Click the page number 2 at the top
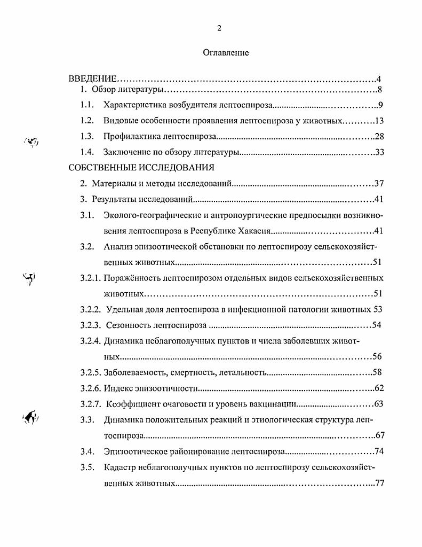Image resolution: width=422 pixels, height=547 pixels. tap(219, 28)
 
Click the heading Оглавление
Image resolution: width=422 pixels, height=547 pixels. tap(226, 53)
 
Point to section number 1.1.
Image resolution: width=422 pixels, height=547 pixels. tap(87, 105)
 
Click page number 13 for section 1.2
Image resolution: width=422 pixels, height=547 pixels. tap(380, 121)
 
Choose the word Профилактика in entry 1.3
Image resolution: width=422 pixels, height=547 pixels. tap(128, 136)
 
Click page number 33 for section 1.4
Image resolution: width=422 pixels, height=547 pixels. tap(380, 152)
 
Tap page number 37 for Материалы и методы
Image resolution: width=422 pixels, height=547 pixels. tap(379, 184)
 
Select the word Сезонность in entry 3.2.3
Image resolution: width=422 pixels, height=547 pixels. tap(129, 325)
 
